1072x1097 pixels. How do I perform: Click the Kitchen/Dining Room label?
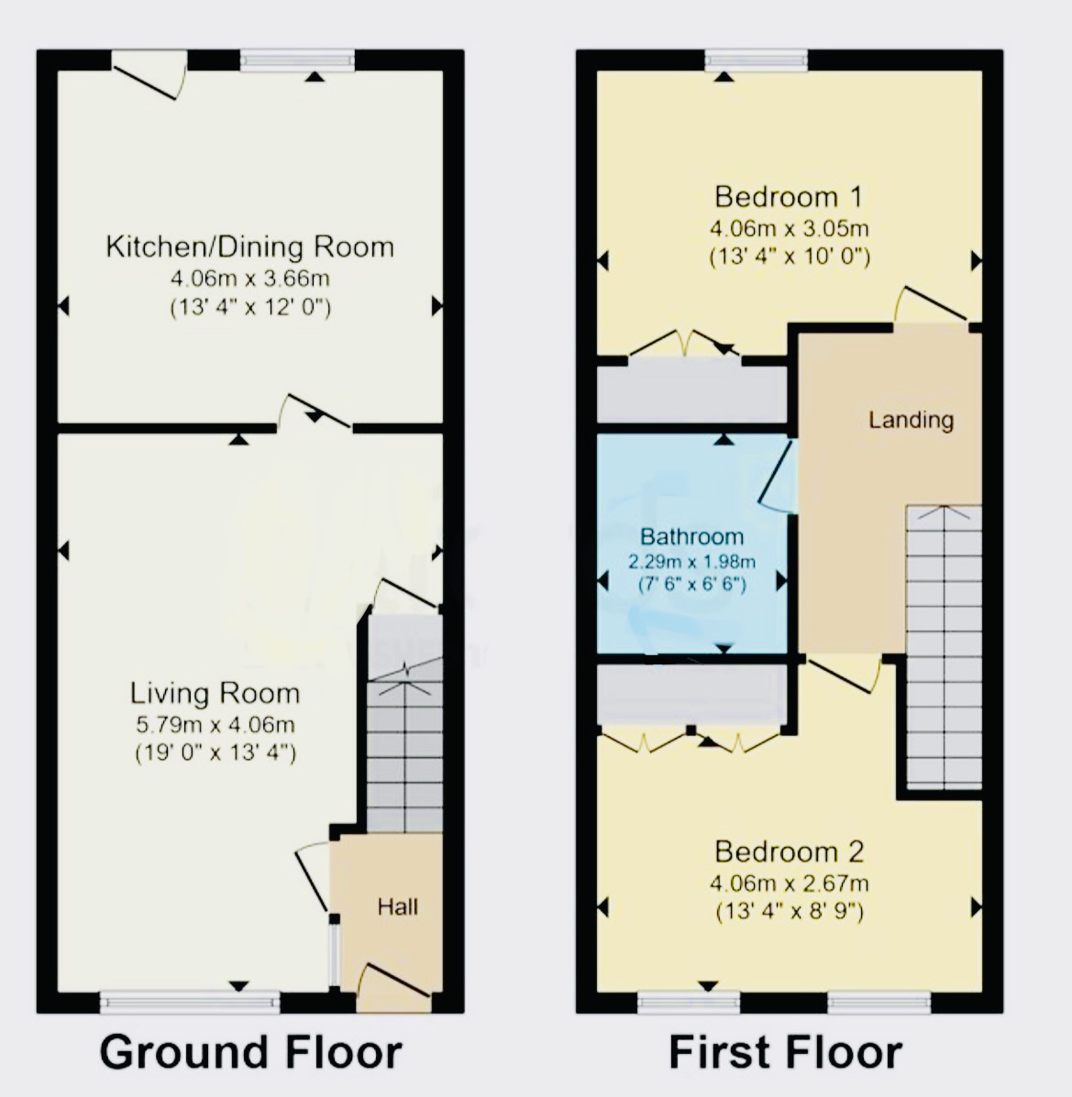pos(250,247)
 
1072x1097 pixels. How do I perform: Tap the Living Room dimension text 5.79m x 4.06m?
pos(215,724)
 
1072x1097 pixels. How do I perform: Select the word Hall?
pos(398,907)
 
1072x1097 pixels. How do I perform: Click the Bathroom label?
pos(691,537)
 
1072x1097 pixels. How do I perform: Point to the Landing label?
pos(911,420)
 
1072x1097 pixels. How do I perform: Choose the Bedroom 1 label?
pos(789,197)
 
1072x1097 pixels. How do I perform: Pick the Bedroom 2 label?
pos(790,851)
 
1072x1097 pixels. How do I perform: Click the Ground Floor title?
pos(250,1051)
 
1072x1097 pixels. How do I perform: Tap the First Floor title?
pos(786,1051)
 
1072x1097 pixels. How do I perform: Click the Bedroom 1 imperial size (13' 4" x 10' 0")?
pos(790,257)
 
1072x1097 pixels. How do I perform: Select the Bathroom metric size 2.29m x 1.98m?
pos(691,561)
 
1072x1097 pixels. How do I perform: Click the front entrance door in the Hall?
pos(393,987)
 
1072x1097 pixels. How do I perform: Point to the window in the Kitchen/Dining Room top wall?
pos(297,60)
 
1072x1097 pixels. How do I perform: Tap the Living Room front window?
pos(190,1003)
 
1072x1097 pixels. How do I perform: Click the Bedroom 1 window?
pos(757,60)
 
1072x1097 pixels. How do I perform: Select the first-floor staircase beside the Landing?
pos(944,647)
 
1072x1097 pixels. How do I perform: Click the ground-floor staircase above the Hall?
pos(404,724)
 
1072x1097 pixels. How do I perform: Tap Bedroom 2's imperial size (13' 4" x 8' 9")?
pos(790,912)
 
